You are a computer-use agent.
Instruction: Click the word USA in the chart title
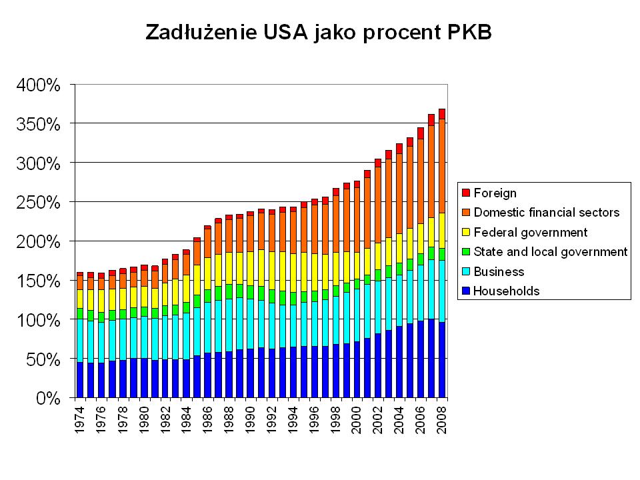[280, 32]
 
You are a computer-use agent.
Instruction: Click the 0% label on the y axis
[49, 399]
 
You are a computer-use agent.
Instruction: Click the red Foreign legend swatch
[466, 193]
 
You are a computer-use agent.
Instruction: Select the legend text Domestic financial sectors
[547, 213]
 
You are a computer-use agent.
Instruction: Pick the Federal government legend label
[531, 232]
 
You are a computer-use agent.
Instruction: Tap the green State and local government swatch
[466, 252]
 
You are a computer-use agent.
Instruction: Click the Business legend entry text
[499, 271]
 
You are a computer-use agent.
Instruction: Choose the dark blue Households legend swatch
[466, 291]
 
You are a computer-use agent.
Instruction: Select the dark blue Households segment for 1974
[80, 380]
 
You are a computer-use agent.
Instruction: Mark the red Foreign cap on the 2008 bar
[442, 113]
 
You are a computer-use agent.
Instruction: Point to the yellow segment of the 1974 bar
[80, 299]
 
